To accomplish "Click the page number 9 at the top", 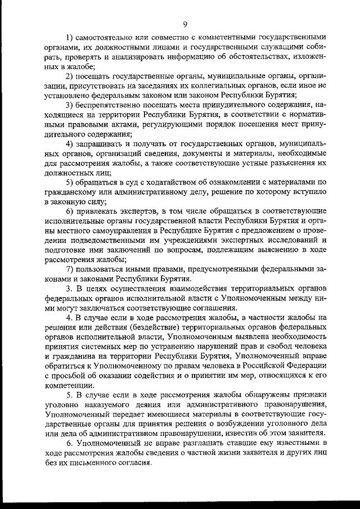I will [x=184, y=23].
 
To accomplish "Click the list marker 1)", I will [x=70, y=37].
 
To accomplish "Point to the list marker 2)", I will [x=70, y=76].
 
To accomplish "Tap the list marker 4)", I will [x=70, y=143].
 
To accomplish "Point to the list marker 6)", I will [x=70, y=211].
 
